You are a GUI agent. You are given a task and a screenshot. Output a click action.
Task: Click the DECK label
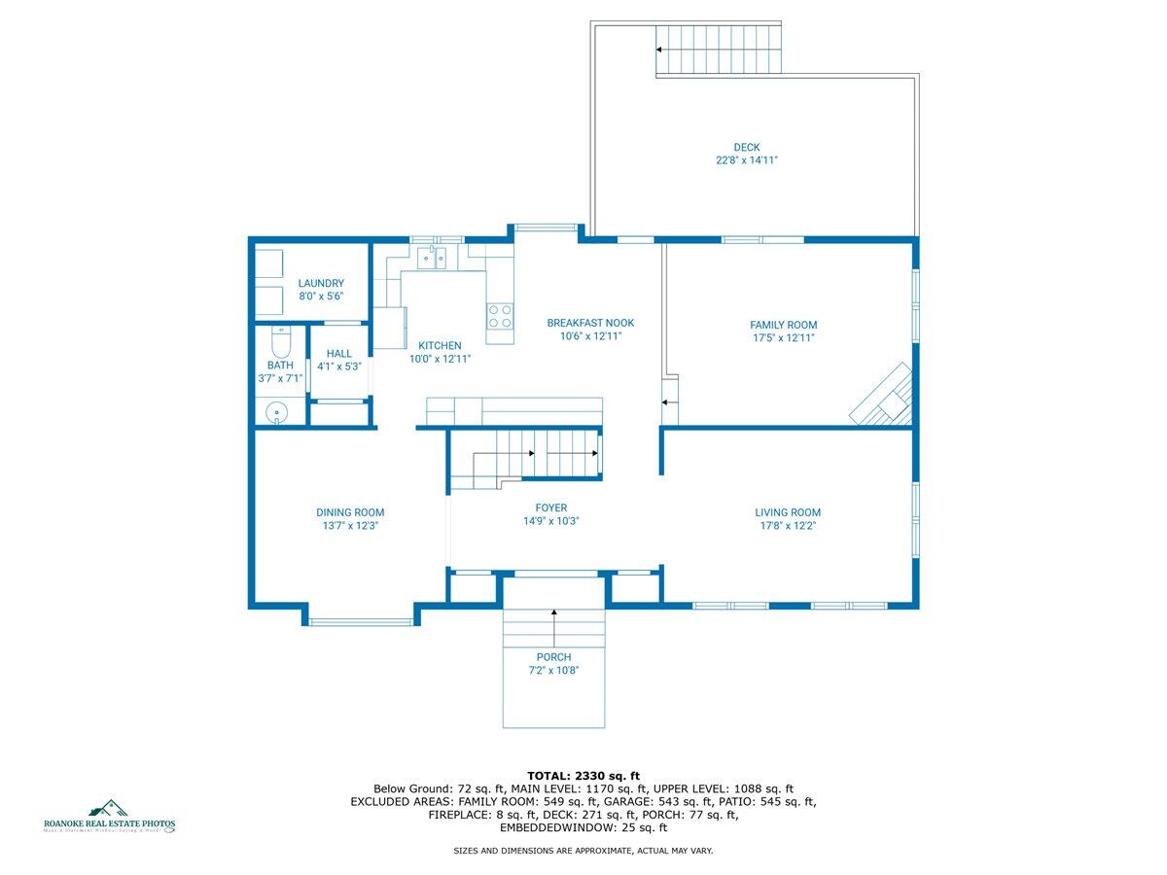click(747, 148)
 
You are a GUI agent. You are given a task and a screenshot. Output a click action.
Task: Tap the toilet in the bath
click(280, 344)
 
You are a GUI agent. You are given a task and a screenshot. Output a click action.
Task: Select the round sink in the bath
click(279, 413)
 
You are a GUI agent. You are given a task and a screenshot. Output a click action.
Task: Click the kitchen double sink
click(432, 257)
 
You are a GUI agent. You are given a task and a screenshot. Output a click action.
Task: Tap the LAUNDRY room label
click(321, 283)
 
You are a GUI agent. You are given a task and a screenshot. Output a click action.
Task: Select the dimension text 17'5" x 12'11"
click(783, 338)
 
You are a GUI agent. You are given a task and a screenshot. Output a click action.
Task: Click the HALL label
click(339, 354)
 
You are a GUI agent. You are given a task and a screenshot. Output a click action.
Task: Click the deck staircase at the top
click(719, 49)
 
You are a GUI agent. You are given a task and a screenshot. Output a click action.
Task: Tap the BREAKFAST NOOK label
click(590, 323)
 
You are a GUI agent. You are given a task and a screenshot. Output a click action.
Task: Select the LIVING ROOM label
click(788, 512)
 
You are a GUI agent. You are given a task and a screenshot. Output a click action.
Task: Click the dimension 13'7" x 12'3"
click(349, 525)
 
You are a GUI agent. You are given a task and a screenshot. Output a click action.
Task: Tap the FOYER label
click(550, 507)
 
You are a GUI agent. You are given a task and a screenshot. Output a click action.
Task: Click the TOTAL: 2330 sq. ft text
click(583, 775)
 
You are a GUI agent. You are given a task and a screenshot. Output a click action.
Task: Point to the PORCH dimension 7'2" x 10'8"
click(553, 670)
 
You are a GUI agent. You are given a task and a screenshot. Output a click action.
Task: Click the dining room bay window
click(362, 621)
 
